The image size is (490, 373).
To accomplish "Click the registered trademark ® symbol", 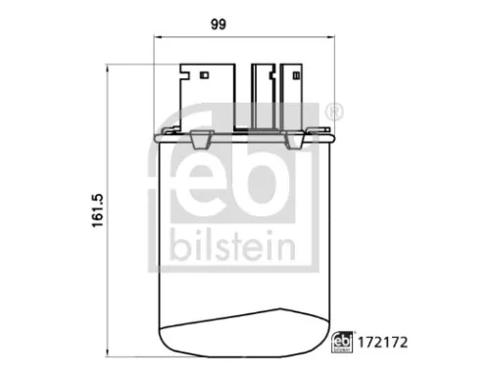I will coord(335,114).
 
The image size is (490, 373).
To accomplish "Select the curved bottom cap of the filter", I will coord(247,333).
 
